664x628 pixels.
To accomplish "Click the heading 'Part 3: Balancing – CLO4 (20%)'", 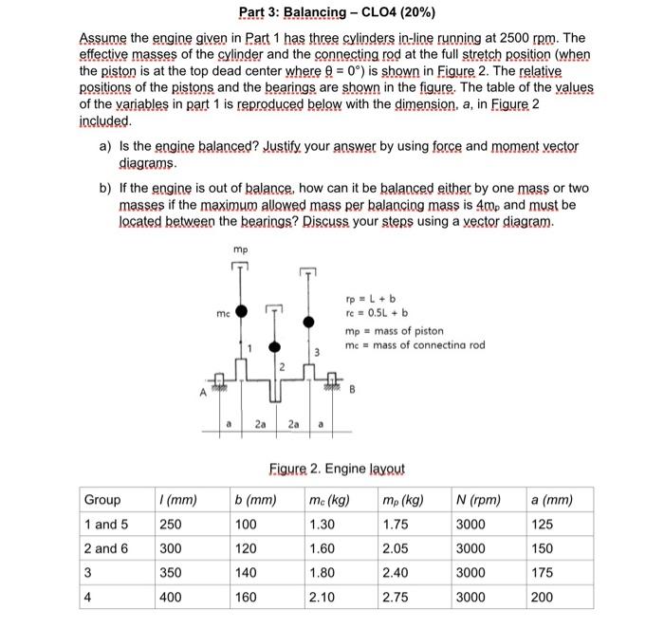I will click(331, 12).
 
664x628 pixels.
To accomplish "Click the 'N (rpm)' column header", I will click(478, 500).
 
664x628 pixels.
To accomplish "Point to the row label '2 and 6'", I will click(107, 548).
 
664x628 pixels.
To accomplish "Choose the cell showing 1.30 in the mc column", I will click(323, 525).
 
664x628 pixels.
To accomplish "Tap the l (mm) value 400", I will click(173, 598).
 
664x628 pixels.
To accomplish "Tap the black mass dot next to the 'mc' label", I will click(242, 311).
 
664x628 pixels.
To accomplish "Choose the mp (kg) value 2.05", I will click(396, 548).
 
